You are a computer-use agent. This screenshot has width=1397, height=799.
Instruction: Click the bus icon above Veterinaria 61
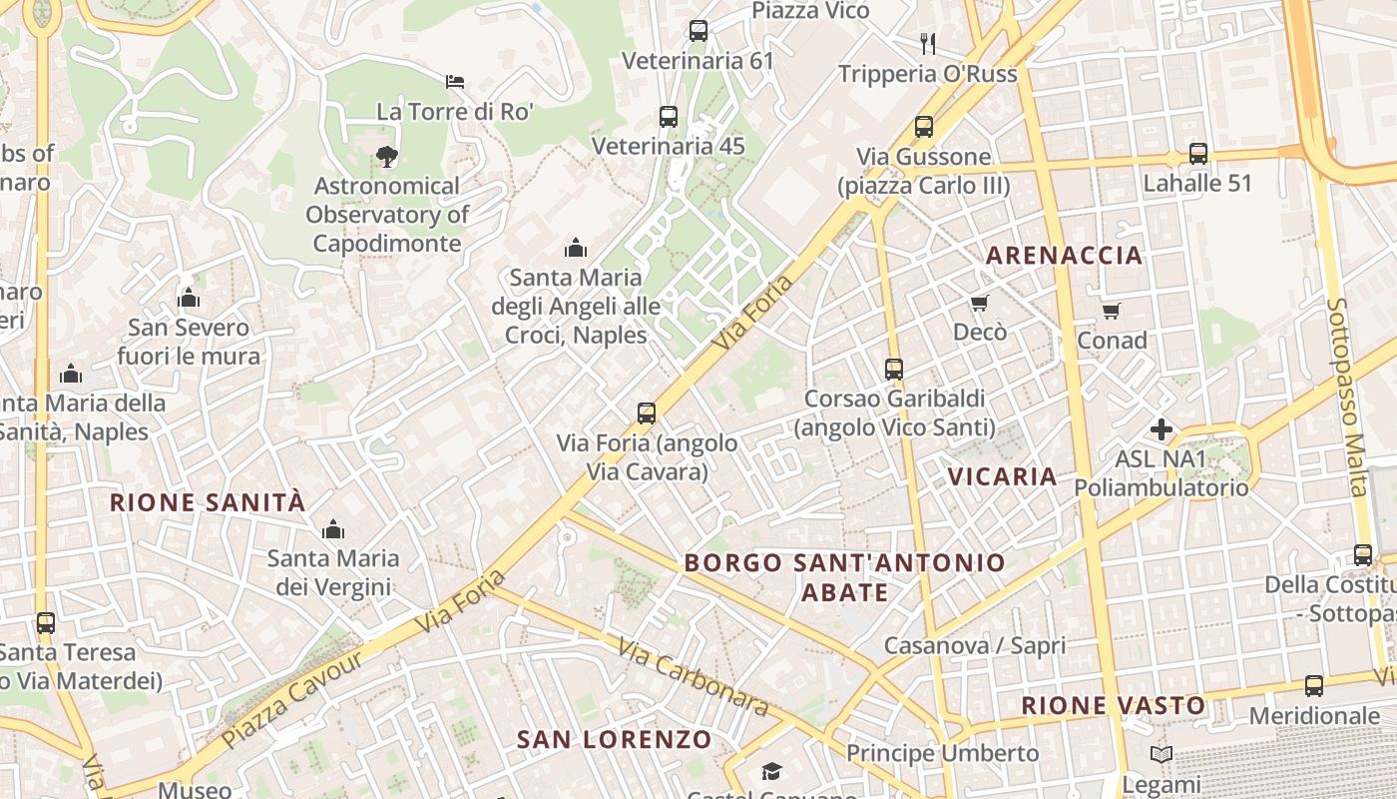(x=698, y=31)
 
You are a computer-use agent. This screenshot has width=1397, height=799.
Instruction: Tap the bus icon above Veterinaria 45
(x=669, y=117)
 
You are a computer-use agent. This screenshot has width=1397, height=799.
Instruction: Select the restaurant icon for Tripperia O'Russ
(x=928, y=43)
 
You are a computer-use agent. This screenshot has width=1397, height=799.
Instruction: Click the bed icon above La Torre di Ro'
(x=455, y=81)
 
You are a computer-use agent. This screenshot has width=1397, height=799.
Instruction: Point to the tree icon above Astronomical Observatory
(x=387, y=156)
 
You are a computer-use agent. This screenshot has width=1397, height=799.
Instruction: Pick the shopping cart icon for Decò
(x=979, y=303)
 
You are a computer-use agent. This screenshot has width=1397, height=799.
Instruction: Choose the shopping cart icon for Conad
(x=1112, y=311)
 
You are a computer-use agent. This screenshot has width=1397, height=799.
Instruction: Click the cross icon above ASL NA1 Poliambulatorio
(x=1162, y=429)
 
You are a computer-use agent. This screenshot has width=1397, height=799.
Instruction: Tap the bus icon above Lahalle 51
(x=1197, y=154)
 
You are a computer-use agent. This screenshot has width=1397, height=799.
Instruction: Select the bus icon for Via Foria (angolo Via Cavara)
(x=647, y=412)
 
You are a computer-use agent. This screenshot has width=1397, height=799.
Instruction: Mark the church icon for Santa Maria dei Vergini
(x=333, y=528)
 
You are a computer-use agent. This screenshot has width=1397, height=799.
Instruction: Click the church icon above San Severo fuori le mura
(x=189, y=298)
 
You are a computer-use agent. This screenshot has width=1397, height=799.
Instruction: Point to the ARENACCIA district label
(x=1065, y=256)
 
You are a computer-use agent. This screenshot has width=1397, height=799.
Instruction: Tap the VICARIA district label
(x=1003, y=476)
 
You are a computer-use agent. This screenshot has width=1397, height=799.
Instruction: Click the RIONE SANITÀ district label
(x=208, y=502)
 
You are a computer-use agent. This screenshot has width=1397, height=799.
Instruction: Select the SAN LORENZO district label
(x=615, y=740)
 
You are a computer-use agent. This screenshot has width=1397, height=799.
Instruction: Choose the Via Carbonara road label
(x=694, y=677)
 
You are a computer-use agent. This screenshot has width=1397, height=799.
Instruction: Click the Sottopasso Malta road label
(x=1348, y=397)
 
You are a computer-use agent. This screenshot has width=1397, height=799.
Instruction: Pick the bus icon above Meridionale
(x=1314, y=686)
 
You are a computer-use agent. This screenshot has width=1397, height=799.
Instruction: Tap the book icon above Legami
(x=1162, y=755)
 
